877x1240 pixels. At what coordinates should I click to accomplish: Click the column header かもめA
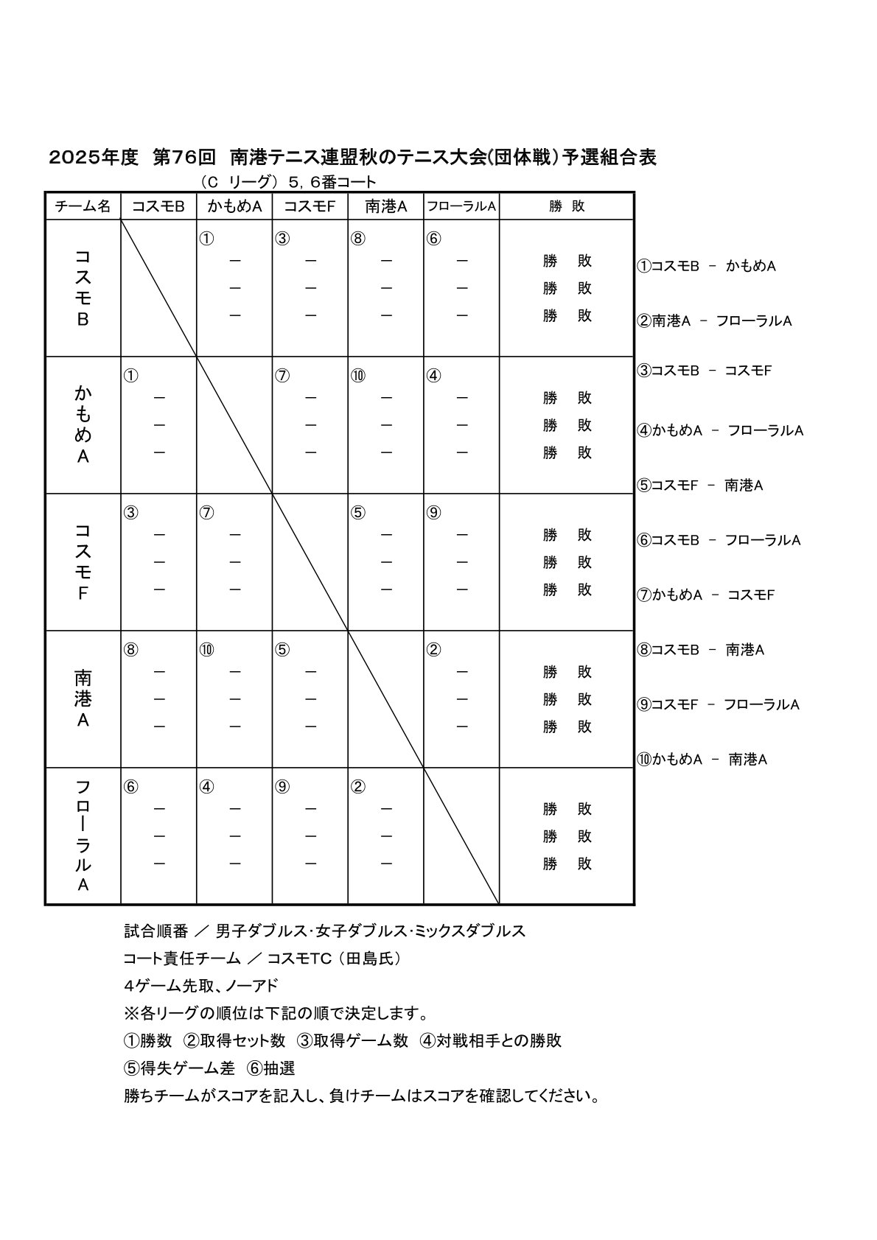(x=234, y=207)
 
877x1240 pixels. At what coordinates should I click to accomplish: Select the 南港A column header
(x=385, y=207)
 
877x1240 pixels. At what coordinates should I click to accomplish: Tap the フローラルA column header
(x=461, y=207)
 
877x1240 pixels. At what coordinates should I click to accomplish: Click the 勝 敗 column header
(x=567, y=207)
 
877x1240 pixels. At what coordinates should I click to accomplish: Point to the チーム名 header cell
(x=83, y=207)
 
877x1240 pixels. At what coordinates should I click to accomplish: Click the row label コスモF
(x=83, y=561)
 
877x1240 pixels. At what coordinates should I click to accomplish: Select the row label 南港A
(x=83, y=698)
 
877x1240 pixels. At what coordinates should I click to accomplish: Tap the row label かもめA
(x=83, y=424)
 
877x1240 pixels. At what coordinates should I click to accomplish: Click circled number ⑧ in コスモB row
(x=357, y=239)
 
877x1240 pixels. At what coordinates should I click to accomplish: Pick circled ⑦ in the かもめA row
(x=282, y=376)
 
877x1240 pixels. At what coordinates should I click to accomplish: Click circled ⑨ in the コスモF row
(x=433, y=513)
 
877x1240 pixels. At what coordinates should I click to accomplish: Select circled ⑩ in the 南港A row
(x=206, y=650)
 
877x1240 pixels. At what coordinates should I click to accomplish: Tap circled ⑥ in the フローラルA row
(x=130, y=787)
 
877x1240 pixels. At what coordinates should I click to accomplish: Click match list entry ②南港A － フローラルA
(x=714, y=321)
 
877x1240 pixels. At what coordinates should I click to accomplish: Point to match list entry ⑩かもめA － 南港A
(x=702, y=760)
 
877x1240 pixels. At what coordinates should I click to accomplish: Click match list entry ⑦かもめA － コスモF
(x=705, y=595)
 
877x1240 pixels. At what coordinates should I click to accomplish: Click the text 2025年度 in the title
(x=94, y=158)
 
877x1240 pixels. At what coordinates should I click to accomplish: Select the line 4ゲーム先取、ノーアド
(x=200, y=986)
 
